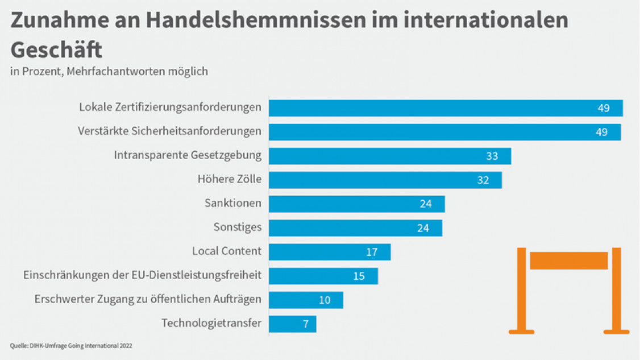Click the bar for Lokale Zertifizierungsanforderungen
(445, 108)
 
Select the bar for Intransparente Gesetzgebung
(389, 156)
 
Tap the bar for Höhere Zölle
(385, 180)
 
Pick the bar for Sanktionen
(356, 204)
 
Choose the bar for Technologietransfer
(292, 324)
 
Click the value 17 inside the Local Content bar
(372, 252)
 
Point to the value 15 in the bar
(359, 276)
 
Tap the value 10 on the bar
(324, 300)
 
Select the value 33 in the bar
(492, 156)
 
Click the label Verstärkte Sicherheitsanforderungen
(169, 131)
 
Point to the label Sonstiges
(237, 227)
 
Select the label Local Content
(226, 251)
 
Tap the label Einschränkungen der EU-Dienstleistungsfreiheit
(142, 275)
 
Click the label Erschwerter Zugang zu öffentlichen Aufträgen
(148, 299)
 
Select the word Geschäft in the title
(56, 50)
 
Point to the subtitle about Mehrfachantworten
(109, 72)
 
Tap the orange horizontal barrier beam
(568, 260)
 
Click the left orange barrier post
(521, 290)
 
